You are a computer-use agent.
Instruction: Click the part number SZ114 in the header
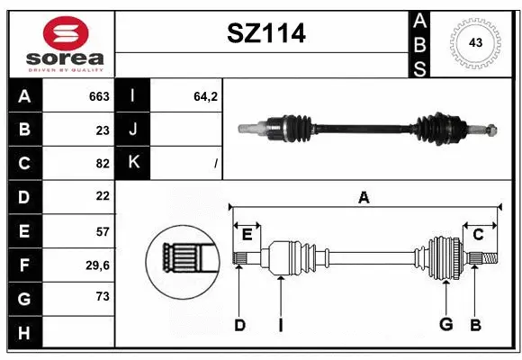pyautogui.click(x=266, y=33)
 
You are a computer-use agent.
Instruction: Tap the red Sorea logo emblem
pyautogui.click(x=66, y=33)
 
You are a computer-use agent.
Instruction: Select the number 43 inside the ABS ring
pyautogui.click(x=475, y=42)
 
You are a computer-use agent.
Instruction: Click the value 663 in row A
pyautogui.click(x=99, y=96)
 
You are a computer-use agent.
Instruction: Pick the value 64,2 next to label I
pyautogui.click(x=205, y=96)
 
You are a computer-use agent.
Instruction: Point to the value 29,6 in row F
pyautogui.click(x=97, y=265)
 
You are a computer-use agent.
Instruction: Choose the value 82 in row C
pyautogui.click(x=103, y=164)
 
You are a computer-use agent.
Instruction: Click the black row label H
pyautogui.click(x=24, y=333)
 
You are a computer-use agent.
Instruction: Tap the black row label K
pyautogui.click(x=133, y=162)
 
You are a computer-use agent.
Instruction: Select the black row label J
pyautogui.click(x=133, y=129)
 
